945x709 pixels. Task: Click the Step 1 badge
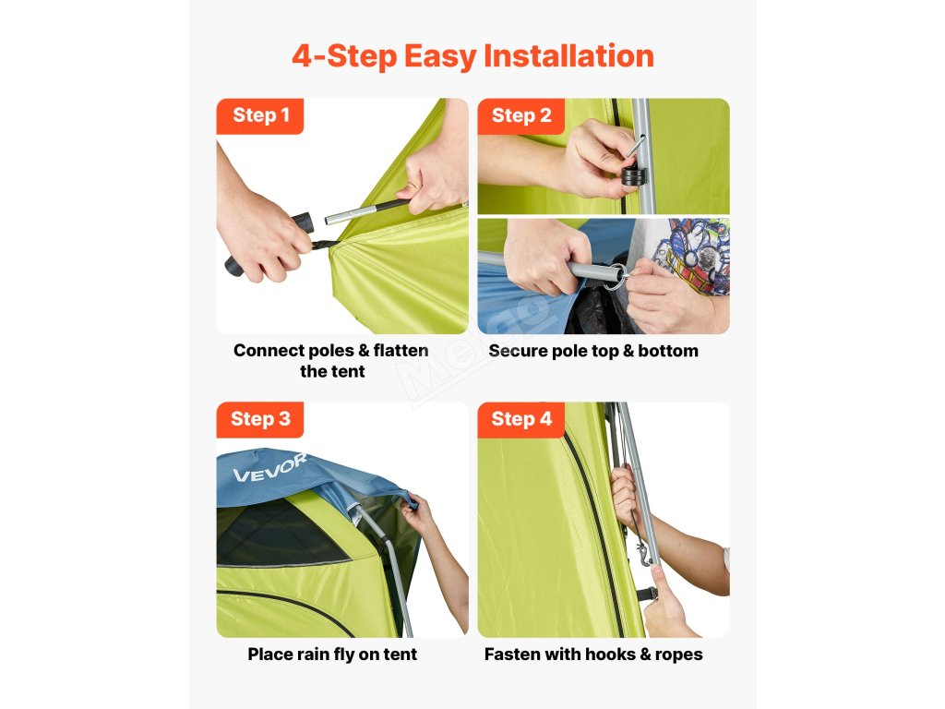click(x=259, y=115)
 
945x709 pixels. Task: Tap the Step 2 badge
click(x=520, y=115)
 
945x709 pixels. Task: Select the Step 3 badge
click(x=259, y=419)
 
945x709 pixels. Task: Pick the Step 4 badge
click(x=520, y=419)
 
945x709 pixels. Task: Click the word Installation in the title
click(x=568, y=56)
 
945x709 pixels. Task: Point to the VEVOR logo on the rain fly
click(x=270, y=468)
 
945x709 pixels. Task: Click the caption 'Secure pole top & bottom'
click(x=593, y=351)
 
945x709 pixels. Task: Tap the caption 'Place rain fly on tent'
click(x=332, y=655)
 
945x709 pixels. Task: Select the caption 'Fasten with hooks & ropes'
click(x=593, y=655)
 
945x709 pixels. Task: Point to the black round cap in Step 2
click(x=633, y=177)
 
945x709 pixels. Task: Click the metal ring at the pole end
click(x=616, y=278)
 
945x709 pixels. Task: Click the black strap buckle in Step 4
click(x=646, y=594)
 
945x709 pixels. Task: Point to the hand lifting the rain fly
click(x=416, y=513)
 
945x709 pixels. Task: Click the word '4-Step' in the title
click(x=345, y=56)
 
